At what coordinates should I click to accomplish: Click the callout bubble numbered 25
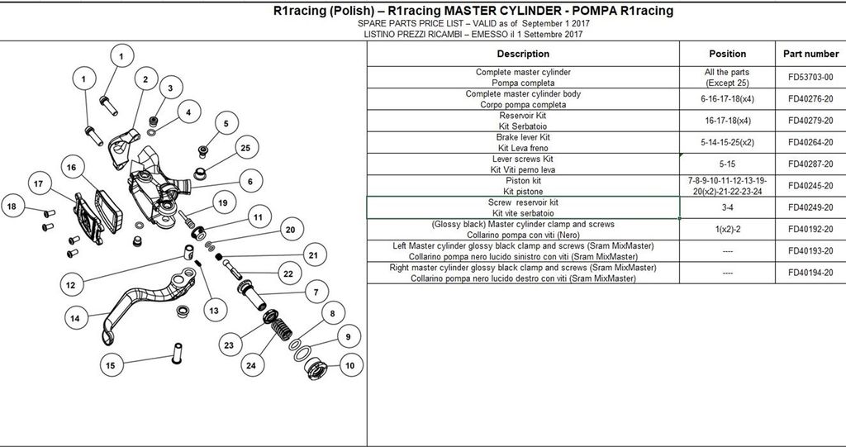(246, 147)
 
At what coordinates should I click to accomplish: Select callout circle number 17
(38, 183)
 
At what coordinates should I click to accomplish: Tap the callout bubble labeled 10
(350, 365)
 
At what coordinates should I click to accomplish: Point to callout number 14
(75, 318)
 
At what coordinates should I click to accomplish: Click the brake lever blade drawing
(149, 304)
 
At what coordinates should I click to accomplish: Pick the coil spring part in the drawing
(281, 329)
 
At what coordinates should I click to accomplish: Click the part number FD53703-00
(810, 77)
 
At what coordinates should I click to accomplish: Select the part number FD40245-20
(810, 186)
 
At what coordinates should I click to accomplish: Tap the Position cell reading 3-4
(727, 207)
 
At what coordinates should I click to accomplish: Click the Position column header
(727, 54)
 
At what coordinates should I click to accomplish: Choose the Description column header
(523, 54)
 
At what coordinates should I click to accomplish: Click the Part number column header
(810, 54)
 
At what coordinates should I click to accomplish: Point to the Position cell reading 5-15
(727, 164)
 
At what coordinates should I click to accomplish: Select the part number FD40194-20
(810, 273)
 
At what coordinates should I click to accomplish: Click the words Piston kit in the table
(523, 180)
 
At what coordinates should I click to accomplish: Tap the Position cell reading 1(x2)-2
(727, 229)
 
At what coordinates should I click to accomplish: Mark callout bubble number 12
(71, 285)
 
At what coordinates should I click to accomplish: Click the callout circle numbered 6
(250, 182)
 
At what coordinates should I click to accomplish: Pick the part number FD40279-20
(810, 121)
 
